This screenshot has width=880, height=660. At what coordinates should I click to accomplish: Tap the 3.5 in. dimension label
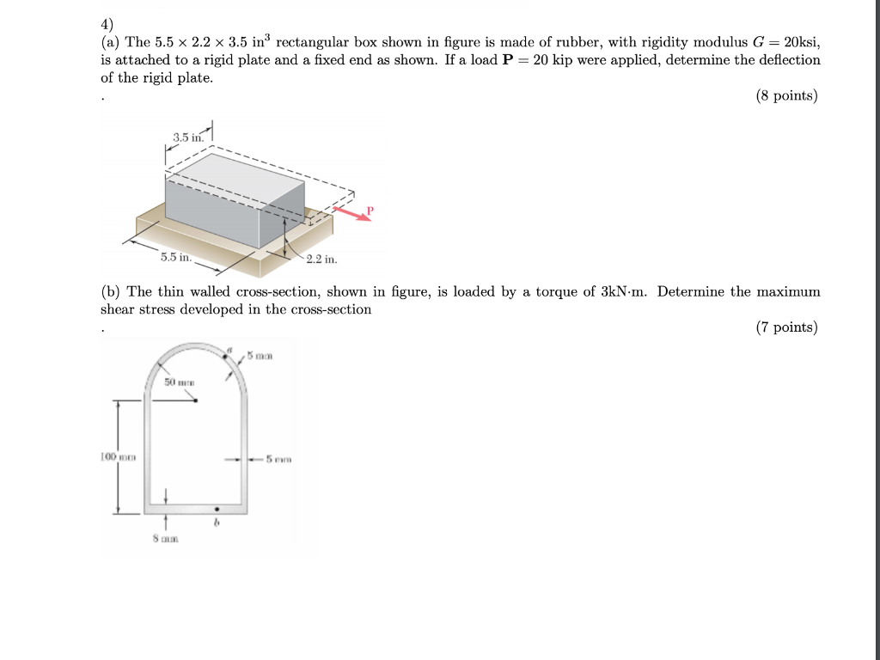[186, 137]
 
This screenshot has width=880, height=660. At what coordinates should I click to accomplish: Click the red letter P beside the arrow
[370, 210]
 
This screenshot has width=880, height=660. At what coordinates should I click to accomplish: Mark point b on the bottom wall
[217, 509]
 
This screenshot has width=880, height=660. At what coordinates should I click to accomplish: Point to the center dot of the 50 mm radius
[197, 400]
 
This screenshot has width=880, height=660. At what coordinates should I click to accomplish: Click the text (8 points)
[786, 96]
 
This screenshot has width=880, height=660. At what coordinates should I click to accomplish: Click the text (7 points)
[786, 327]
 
